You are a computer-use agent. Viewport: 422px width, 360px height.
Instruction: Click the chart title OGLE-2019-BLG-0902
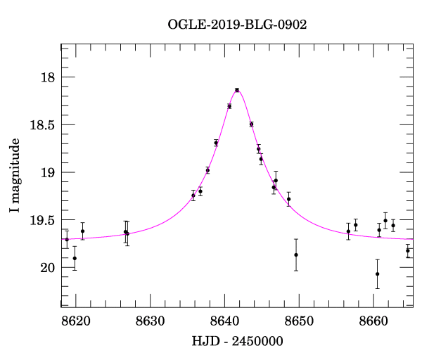pyautogui.click(x=237, y=25)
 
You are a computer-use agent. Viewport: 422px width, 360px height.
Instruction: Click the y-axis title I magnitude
pyautogui.click(x=15, y=175)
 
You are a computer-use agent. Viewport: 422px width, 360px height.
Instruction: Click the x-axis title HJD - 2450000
pyautogui.click(x=237, y=341)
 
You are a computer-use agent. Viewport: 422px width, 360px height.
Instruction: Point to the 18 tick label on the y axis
pyautogui.click(x=48, y=77)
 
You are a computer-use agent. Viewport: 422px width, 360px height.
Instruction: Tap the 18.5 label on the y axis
pyautogui.click(x=42, y=125)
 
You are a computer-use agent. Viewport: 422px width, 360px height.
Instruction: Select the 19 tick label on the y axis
pyautogui.click(x=48, y=173)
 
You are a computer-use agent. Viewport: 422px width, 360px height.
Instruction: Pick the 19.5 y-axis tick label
pyautogui.click(x=42, y=220)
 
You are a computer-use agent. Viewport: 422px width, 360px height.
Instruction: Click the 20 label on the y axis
pyautogui.click(x=48, y=268)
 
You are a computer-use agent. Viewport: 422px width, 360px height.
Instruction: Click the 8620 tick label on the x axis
pyautogui.click(x=76, y=321)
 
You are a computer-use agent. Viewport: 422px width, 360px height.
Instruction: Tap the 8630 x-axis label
pyautogui.click(x=151, y=321)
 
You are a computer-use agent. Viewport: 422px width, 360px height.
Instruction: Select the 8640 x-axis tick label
pyautogui.click(x=225, y=321)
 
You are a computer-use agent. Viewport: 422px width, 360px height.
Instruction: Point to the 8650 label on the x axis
pyautogui.click(x=299, y=321)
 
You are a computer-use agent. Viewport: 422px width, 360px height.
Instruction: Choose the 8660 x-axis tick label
pyautogui.click(x=373, y=321)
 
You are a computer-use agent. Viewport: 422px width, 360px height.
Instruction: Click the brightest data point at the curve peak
pyautogui.click(x=237, y=90)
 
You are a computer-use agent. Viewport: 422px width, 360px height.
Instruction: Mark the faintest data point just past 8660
pyautogui.click(x=377, y=274)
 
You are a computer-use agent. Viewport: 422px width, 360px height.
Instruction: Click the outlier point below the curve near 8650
pyautogui.click(x=296, y=255)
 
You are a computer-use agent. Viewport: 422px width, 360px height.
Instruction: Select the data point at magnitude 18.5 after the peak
pyautogui.click(x=251, y=124)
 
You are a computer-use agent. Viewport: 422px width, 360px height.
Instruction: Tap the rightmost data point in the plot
pyautogui.click(x=408, y=251)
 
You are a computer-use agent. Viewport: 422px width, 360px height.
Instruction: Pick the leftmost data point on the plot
pyautogui.click(x=67, y=240)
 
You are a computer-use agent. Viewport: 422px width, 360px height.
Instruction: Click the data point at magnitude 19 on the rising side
pyautogui.click(x=207, y=170)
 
